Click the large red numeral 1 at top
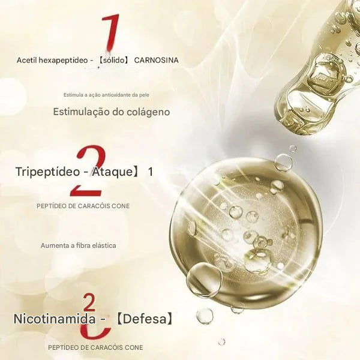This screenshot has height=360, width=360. pyautogui.click(x=110, y=32)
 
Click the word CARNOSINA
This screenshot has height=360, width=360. pyautogui.click(x=156, y=61)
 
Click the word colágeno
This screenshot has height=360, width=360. pyautogui.click(x=149, y=112)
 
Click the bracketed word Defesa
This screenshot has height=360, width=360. pyautogui.click(x=145, y=319)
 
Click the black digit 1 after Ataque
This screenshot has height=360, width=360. pyautogui.click(x=150, y=172)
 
